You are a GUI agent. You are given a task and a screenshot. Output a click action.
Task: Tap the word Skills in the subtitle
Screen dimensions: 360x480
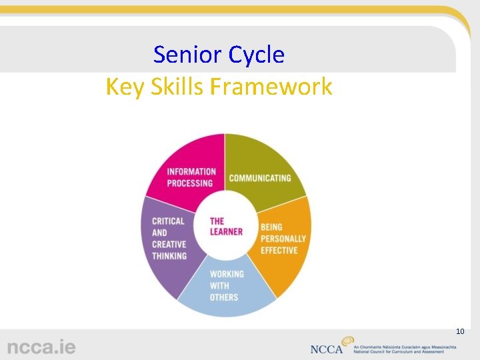point(178,87)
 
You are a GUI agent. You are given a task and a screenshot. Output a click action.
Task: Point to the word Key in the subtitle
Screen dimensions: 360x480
point(124,87)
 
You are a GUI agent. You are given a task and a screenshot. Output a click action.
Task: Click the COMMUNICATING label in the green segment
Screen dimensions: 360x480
point(260,178)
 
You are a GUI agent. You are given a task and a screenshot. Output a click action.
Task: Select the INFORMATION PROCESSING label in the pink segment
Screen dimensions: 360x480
point(191,177)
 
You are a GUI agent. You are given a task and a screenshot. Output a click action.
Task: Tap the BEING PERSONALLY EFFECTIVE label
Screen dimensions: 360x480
point(283,239)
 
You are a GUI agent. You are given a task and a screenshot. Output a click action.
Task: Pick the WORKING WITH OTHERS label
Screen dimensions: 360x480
point(227,285)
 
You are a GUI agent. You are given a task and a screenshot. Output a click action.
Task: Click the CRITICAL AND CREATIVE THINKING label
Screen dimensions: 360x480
point(169,239)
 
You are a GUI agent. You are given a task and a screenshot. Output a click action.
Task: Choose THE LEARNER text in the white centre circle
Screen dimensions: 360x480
point(226,227)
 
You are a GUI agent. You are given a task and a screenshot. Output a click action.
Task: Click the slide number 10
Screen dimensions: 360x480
point(459,331)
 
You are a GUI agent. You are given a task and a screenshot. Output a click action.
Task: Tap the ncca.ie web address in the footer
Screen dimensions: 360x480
point(41,347)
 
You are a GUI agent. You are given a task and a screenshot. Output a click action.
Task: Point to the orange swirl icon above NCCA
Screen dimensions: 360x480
point(347,341)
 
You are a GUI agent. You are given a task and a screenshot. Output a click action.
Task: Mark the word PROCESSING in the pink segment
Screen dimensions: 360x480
point(190,183)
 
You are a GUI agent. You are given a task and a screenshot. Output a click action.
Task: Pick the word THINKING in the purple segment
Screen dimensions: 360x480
point(169,256)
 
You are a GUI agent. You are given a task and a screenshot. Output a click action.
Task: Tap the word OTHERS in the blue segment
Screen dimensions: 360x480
point(224,297)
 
